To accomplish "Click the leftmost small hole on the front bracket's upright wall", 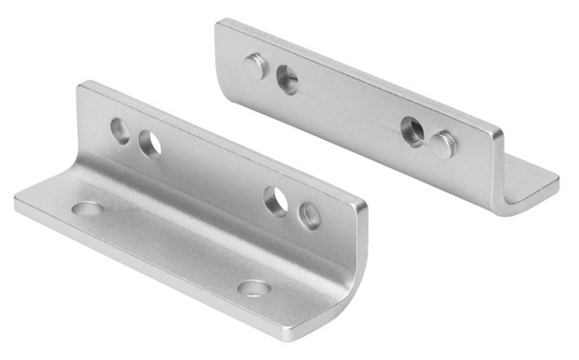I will (x=121, y=130).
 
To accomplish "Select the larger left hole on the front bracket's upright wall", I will (x=150, y=145).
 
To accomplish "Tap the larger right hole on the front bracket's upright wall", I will (x=277, y=201).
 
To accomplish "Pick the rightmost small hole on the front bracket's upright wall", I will (x=308, y=213).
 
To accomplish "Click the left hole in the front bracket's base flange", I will (x=87, y=208).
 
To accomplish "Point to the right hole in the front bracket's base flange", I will (x=253, y=288).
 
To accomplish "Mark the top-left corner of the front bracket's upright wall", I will (x=81, y=85).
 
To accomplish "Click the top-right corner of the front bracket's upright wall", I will (x=366, y=206).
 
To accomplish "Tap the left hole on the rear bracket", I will (x=287, y=76).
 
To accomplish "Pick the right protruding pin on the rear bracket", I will (x=443, y=144).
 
